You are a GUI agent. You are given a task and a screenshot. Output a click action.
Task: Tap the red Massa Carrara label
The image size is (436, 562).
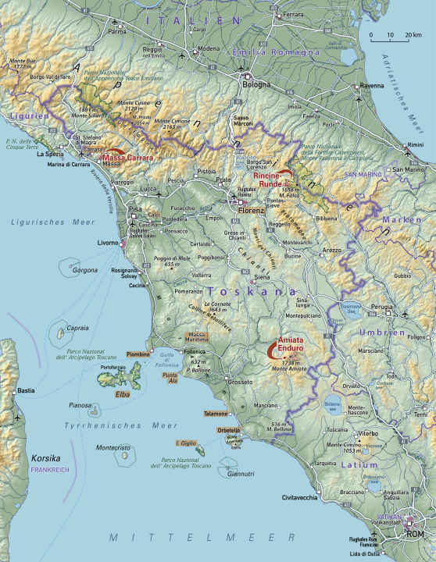[x=127, y=158]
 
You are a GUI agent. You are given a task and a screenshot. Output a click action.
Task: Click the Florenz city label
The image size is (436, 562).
[x=252, y=210]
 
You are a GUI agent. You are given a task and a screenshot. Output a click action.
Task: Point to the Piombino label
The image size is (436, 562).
[x=138, y=354]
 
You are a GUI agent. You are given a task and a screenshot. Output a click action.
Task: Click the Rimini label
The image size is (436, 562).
[x=414, y=145]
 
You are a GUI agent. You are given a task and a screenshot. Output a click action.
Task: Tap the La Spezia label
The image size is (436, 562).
[x=49, y=155]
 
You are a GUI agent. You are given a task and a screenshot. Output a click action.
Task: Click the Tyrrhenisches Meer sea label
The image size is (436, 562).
[x=121, y=425]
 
